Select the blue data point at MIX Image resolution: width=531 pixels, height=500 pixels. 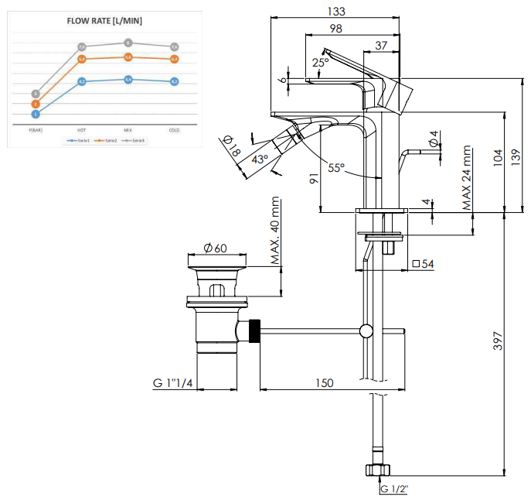(128, 80)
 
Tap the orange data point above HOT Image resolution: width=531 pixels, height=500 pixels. (82, 59)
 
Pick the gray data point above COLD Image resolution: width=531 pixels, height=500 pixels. (175, 46)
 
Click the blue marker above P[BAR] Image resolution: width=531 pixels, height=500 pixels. (36, 114)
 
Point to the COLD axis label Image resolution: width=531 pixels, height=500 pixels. (175, 129)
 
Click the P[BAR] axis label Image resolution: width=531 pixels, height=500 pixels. (36, 129)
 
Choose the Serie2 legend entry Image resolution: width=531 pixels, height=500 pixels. (106, 140)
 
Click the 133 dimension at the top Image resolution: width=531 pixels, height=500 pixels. (336, 11)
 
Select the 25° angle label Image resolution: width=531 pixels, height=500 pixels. (320, 62)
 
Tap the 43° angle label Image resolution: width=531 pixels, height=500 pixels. (260, 159)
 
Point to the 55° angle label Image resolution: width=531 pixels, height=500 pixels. (335, 168)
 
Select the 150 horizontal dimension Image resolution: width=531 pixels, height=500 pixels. (325, 382)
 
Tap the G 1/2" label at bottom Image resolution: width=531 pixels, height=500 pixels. (394, 489)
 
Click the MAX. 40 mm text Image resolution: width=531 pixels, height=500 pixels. (277, 232)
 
